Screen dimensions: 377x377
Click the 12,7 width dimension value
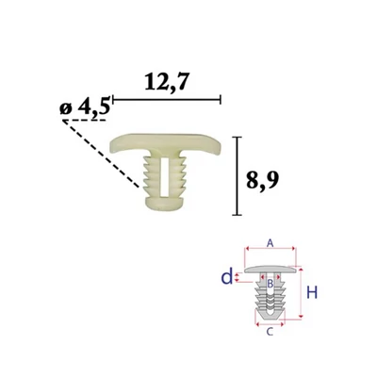coord(167,83)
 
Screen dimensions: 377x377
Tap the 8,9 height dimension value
coord(262,181)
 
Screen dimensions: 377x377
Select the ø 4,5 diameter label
coord(85,107)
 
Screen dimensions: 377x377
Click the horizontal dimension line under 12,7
coord(167,100)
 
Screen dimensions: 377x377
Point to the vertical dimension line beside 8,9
coord(237,176)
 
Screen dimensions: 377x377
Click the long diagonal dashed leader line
coord(101,154)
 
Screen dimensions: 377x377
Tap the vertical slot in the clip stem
coord(164,177)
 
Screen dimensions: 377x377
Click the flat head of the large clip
coord(167,144)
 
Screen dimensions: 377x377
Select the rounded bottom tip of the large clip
coord(164,205)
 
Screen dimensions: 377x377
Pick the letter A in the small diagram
coord(270,242)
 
